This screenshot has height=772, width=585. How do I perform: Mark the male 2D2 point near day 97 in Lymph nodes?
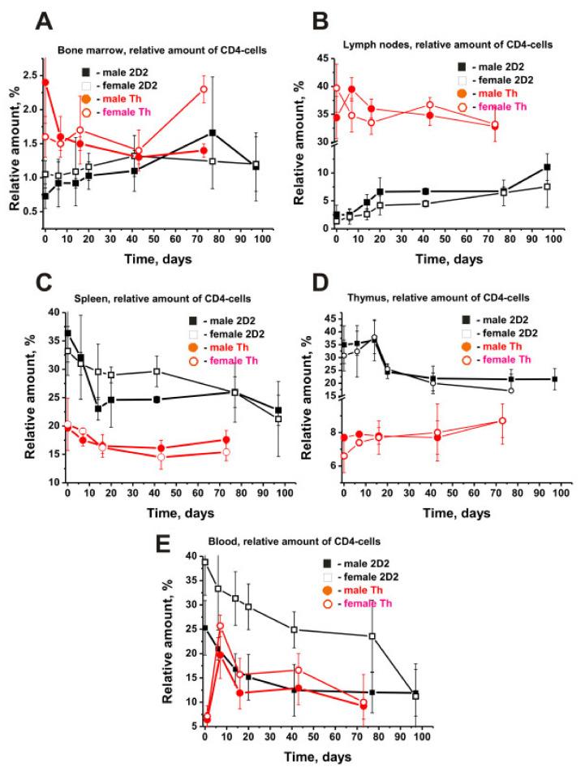(x=548, y=167)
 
